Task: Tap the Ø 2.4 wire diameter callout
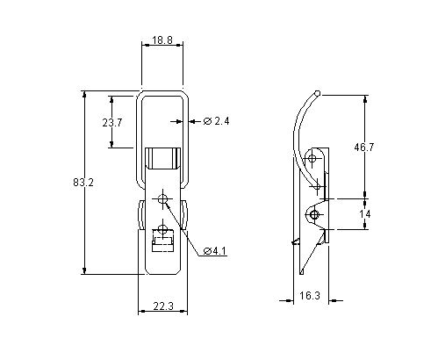tap(217, 120)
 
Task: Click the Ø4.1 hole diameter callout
tap(215, 252)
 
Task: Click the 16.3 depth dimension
tap(309, 296)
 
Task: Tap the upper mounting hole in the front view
tap(162, 198)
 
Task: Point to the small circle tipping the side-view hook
tap(318, 92)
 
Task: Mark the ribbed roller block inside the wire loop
tap(162, 161)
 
